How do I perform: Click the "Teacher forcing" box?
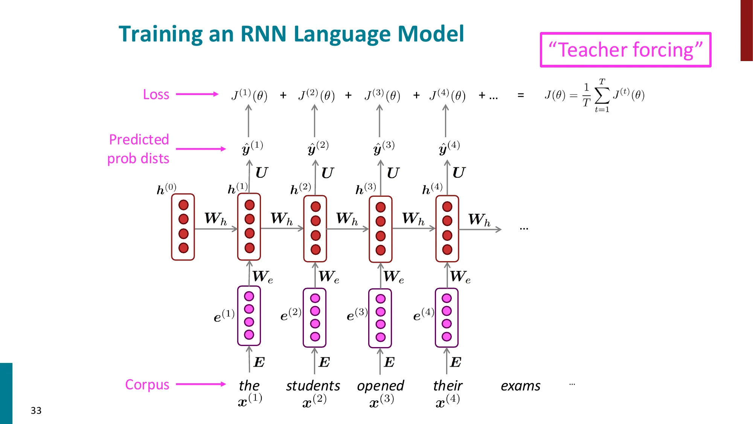click(x=625, y=50)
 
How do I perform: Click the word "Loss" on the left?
click(x=156, y=94)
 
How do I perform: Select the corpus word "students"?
click(x=313, y=386)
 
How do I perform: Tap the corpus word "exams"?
click(x=520, y=386)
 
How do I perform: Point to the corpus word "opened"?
click(x=380, y=386)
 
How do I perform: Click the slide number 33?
click(x=36, y=410)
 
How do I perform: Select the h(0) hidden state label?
click(x=166, y=188)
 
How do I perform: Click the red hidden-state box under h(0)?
click(x=183, y=227)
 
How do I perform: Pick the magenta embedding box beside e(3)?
click(x=380, y=318)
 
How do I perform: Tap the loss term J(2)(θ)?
click(x=317, y=95)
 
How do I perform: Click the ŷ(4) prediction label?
click(x=449, y=147)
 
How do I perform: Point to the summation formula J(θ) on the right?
click(x=594, y=95)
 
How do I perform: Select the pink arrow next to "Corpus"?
click(x=201, y=384)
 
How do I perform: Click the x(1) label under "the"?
click(x=250, y=400)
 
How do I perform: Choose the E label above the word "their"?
click(x=456, y=362)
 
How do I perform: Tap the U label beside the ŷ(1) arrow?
click(x=261, y=173)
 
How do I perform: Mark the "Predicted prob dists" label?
click(x=139, y=149)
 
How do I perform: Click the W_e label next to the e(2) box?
click(x=329, y=277)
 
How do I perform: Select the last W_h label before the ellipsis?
click(x=479, y=219)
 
